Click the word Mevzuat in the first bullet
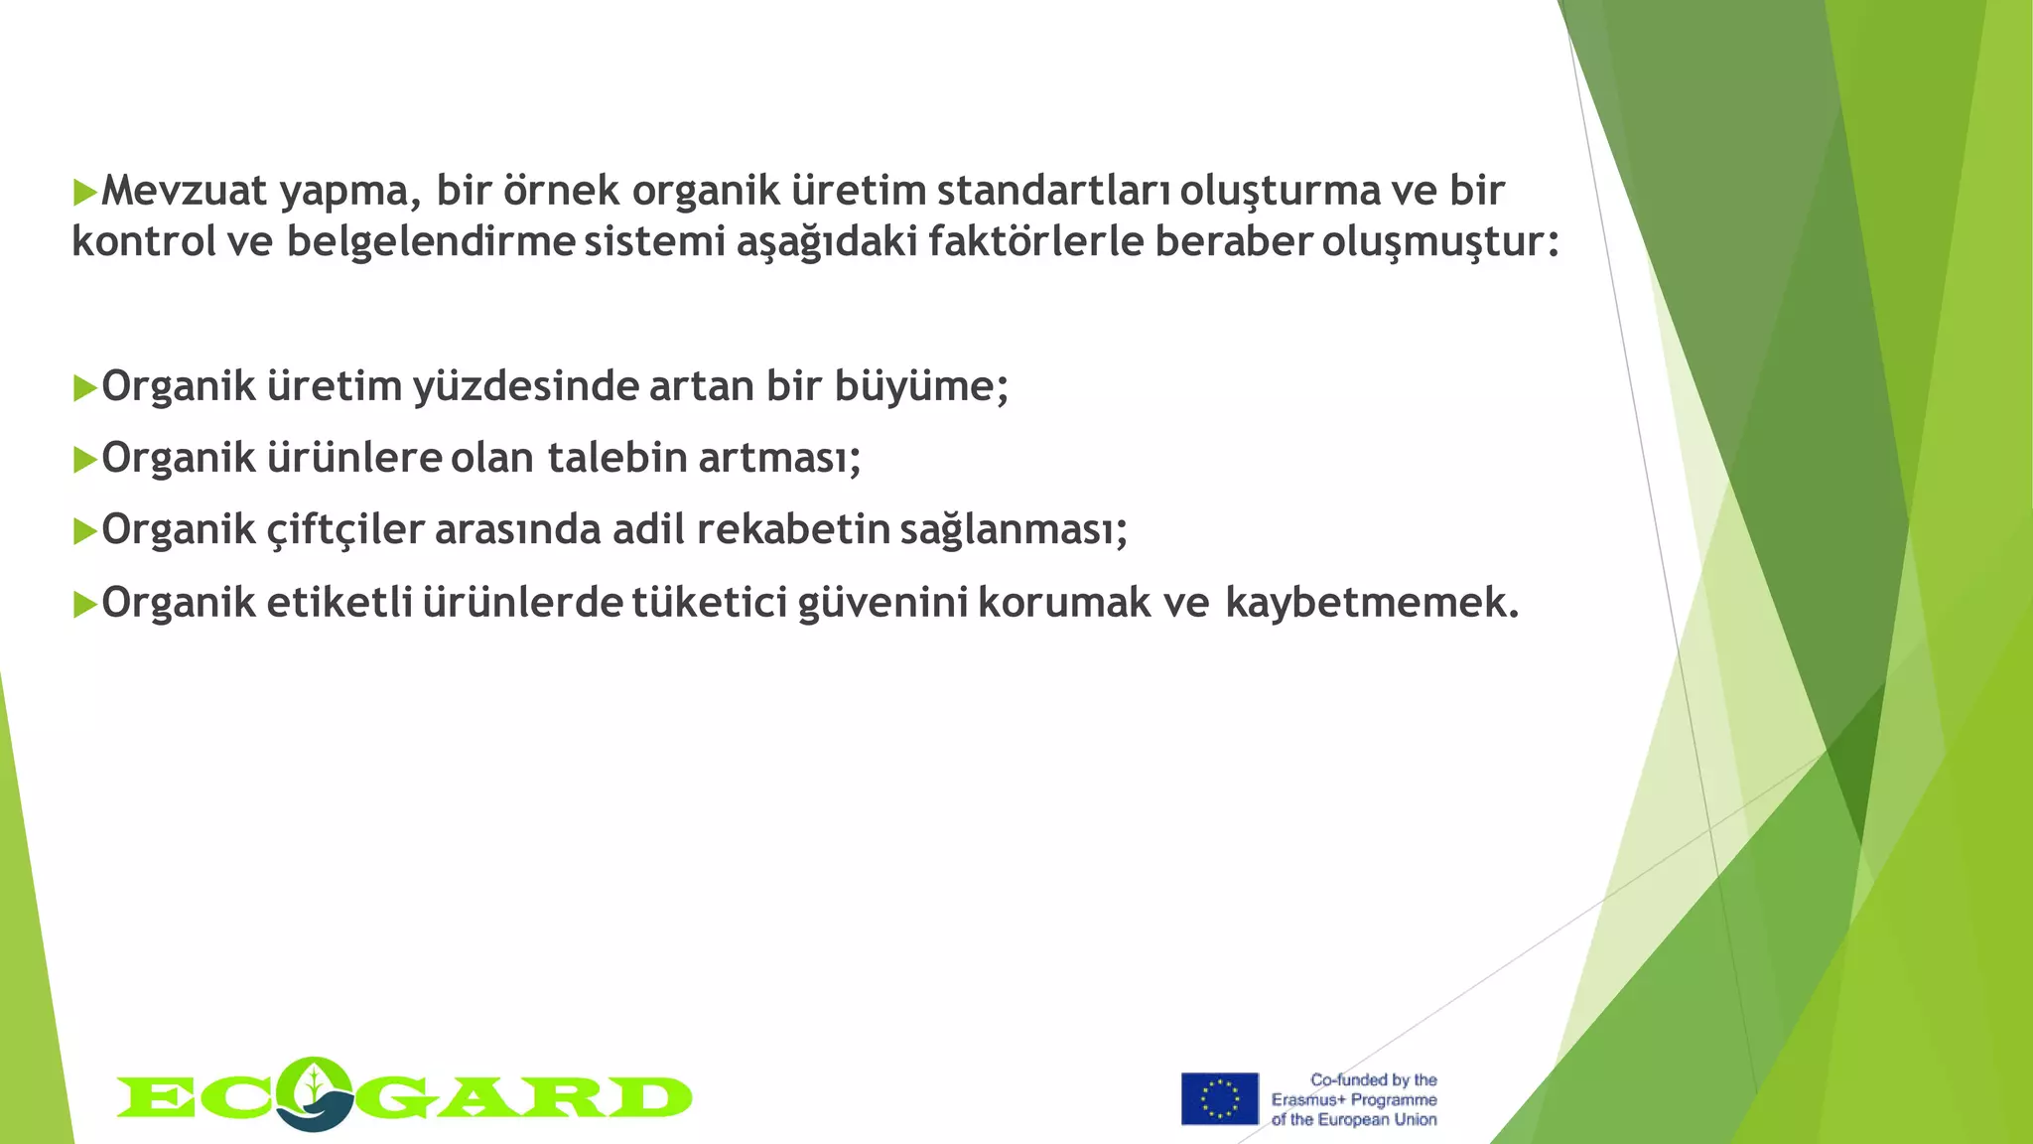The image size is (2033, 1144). coord(185,191)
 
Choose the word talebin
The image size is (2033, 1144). coord(617,459)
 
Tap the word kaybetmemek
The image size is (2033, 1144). coord(1371,603)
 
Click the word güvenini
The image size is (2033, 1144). coord(883,603)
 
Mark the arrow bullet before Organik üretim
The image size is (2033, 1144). coord(84,389)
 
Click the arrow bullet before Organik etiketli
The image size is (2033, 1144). coord(84,604)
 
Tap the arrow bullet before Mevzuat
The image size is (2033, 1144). coord(84,192)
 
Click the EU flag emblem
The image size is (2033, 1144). coord(1219,1098)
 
